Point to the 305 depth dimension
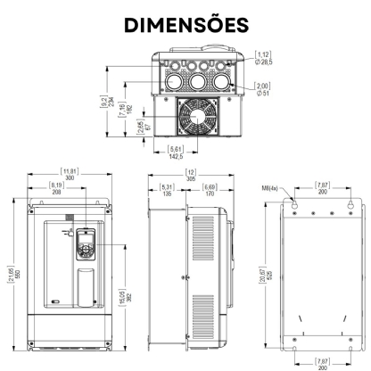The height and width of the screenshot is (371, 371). tap(191, 174)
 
